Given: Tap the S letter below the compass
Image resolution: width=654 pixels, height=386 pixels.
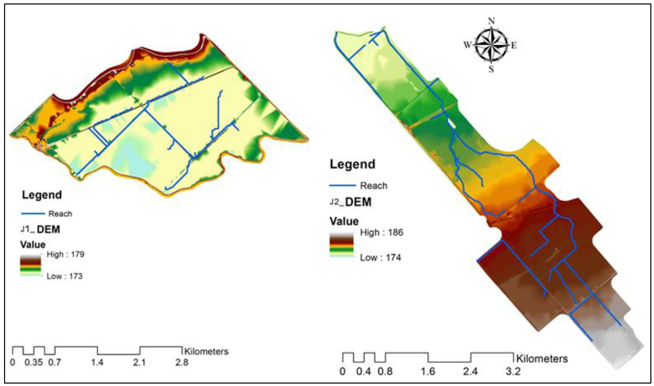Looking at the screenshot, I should point(491,69).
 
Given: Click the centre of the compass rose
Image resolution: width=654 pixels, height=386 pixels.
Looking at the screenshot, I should point(491,45).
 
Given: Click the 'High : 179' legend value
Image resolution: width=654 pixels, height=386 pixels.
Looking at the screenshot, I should point(65,254).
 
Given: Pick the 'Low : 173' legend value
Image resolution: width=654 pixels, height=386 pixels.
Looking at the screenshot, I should point(64,276).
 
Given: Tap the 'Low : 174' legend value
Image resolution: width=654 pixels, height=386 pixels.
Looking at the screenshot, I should point(380,258).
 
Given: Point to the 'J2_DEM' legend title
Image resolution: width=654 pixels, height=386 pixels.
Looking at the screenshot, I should point(351,202).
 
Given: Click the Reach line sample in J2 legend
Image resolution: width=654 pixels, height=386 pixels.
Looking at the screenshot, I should point(342,185).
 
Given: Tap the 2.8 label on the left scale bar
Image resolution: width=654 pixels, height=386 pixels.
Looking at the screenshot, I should point(182,362).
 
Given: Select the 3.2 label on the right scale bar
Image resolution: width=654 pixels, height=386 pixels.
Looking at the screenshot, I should point(513,371).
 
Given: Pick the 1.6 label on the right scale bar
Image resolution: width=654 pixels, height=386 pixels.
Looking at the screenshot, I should point(428,371).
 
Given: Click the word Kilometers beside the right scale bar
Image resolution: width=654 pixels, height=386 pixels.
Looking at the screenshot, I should point(542,359).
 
